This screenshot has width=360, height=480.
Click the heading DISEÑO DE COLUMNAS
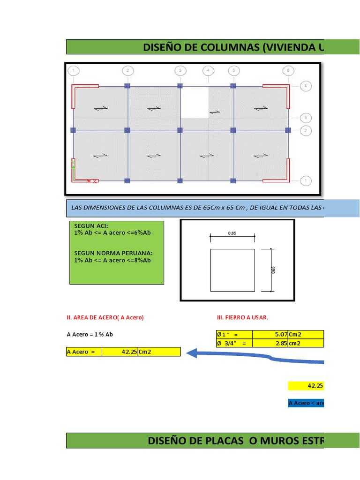(x=232, y=47)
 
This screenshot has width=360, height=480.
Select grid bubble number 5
(x=233, y=71)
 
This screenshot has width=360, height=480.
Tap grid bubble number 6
(x=288, y=71)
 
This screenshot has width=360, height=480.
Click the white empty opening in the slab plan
(x=195, y=101)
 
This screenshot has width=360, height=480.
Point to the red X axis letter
(x=95, y=181)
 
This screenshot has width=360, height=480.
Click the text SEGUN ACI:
(x=91, y=226)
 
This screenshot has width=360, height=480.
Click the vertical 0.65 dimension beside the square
(x=273, y=270)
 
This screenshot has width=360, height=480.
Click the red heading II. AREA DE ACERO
(x=105, y=317)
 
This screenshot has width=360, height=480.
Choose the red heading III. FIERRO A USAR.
(x=242, y=317)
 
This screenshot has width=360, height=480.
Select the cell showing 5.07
(x=270, y=335)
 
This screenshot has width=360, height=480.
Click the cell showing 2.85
(x=270, y=343)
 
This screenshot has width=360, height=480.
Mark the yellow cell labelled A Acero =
(x=84, y=352)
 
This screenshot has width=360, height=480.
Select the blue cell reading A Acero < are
(x=306, y=403)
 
